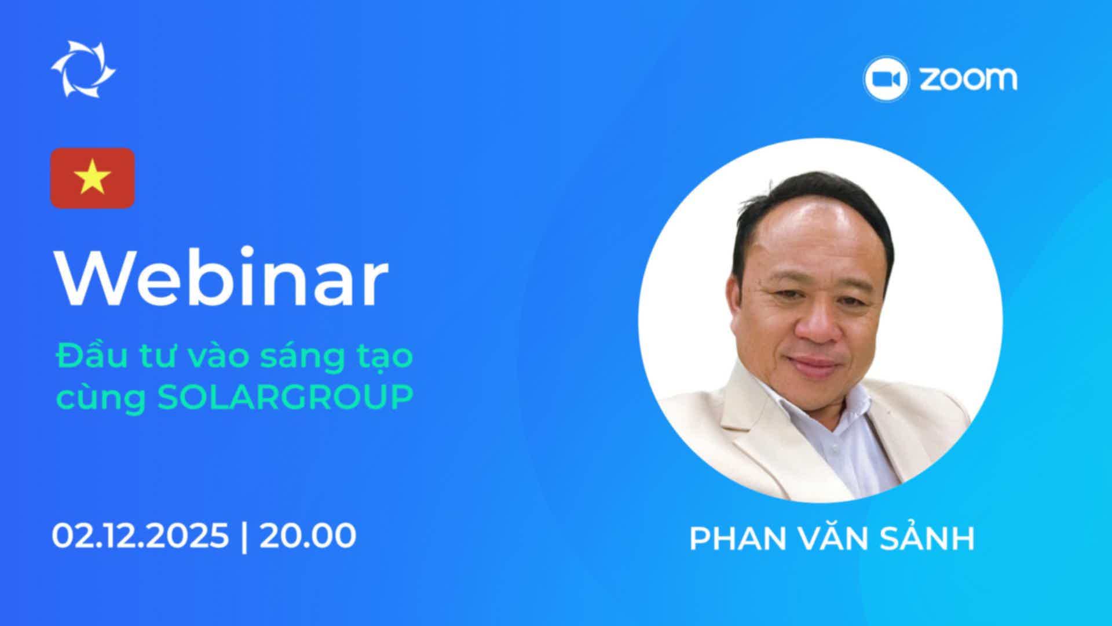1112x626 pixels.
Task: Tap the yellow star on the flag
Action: click(x=92, y=178)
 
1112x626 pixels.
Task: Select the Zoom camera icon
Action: click(x=886, y=79)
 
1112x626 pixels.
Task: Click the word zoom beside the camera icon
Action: click(x=967, y=79)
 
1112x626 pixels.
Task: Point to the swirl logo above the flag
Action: click(x=83, y=70)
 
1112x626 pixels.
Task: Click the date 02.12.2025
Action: click(x=140, y=536)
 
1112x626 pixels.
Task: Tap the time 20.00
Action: click(x=308, y=536)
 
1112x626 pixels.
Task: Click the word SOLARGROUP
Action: click(x=286, y=397)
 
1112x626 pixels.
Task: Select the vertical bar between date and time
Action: click(x=244, y=537)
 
